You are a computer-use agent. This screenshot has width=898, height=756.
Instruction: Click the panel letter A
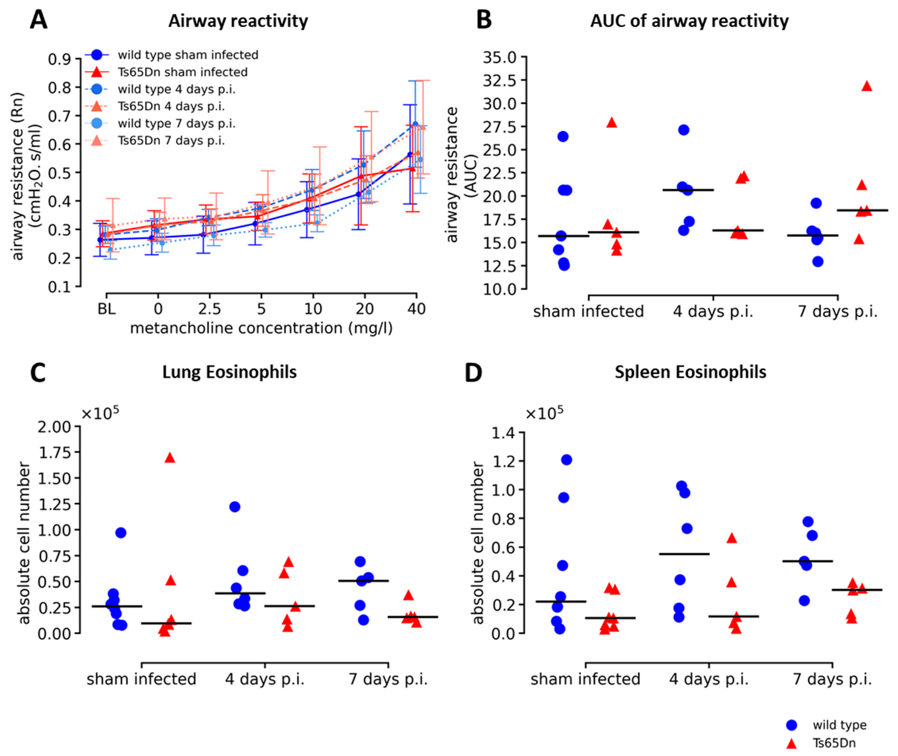tap(38, 20)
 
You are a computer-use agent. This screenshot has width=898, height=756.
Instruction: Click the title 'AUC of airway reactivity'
tap(689, 21)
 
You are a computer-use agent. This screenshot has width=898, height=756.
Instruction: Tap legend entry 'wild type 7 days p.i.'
tap(177, 123)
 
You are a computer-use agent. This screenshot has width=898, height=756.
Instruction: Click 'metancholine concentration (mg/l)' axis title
tap(261, 328)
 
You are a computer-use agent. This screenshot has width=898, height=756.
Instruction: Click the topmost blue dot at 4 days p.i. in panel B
tap(684, 130)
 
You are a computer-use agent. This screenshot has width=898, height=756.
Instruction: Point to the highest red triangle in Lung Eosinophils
tap(170, 458)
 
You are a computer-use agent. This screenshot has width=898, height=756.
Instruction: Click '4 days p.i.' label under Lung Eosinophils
tap(265, 679)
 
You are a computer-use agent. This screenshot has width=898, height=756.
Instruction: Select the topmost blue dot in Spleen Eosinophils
tap(566, 460)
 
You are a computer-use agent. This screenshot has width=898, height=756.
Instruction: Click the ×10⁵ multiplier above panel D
tap(544, 413)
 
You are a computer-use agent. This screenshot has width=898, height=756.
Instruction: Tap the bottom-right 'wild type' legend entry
tap(839, 725)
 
